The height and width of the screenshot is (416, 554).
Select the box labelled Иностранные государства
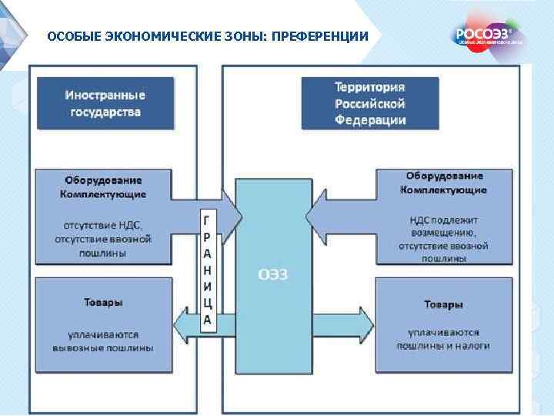click(x=104, y=102)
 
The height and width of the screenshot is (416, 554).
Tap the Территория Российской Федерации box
click(x=370, y=102)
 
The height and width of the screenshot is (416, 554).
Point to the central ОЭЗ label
click(x=272, y=275)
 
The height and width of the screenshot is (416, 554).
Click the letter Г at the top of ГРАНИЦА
click(x=207, y=219)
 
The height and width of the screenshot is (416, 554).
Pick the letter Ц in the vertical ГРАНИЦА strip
click(x=207, y=303)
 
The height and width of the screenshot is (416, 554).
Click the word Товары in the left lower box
click(x=103, y=303)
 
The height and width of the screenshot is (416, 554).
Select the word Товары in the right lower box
click(x=443, y=305)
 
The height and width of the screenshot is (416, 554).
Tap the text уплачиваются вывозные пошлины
click(x=103, y=341)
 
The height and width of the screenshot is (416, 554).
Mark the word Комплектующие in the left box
click(x=103, y=194)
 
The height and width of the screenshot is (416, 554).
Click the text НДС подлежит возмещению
click(x=443, y=225)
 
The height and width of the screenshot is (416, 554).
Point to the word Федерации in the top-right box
click(x=370, y=120)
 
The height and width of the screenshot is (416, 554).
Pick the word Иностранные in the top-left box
click(x=104, y=95)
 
